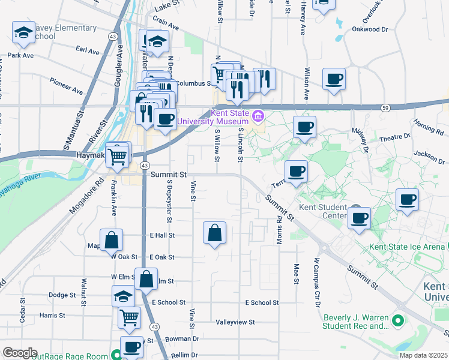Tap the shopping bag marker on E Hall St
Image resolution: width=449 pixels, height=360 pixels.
pos(214,233)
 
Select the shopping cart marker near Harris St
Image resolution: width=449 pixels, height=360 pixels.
pos(129,318)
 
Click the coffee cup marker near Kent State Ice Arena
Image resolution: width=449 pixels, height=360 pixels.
pos(406,200)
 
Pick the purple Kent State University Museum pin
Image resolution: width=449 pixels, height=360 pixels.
pos(257,116)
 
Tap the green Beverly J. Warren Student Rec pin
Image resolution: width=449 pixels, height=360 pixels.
pos(397,322)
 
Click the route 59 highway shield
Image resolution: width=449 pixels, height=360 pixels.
pos(385,107)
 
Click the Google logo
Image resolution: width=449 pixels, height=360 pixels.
pos(19,353)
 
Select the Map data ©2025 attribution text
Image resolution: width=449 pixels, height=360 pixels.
pos(423,355)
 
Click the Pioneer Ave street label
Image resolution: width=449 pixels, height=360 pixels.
pos(67,86)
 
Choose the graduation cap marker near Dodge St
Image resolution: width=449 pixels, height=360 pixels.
pos(123,296)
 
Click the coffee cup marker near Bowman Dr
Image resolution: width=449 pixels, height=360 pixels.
pos(131,346)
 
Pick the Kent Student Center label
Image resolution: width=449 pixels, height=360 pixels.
pos(324,212)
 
